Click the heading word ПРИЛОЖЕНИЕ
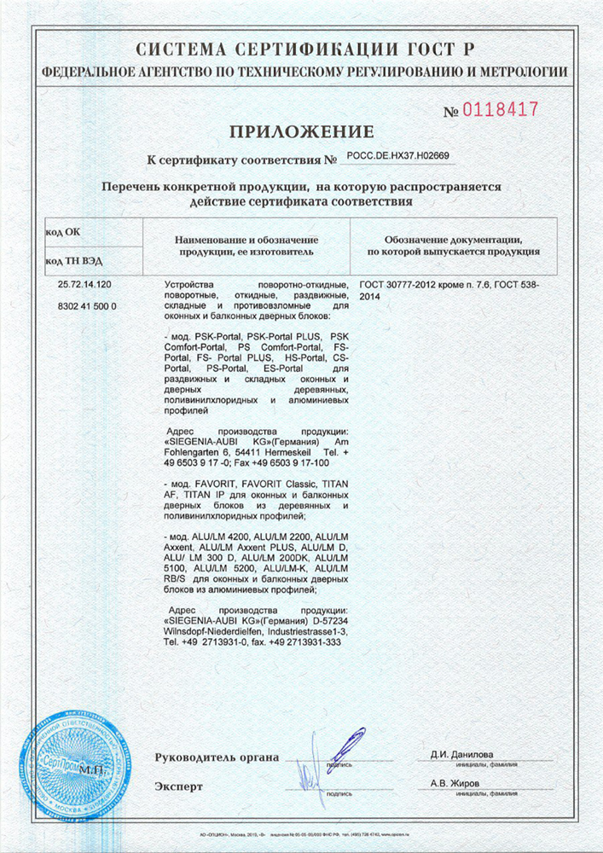click(x=300, y=131)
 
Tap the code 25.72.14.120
click(x=84, y=282)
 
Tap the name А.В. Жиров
click(x=455, y=782)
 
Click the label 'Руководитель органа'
click(x=217, y=757)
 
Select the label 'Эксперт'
click(x=179, y=786)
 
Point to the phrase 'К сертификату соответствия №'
click(x=243, y=160)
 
